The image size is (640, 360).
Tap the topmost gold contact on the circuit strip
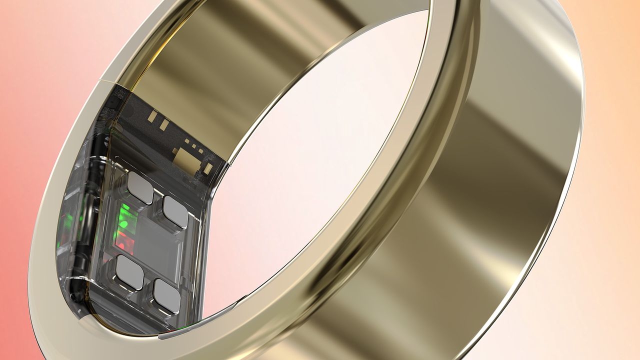[x=150, y=116]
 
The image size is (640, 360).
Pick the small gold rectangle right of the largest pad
[x=207, y=169]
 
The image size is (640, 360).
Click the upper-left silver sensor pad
[x=140, y=187]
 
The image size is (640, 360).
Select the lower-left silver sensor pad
[x=129, y=272]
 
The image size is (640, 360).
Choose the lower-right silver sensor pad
[x=166, y=296]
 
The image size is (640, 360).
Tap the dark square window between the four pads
[x=152, y=245]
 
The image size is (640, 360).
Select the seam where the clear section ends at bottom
[x=160, y=333]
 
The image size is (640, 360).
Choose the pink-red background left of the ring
[x=20, y=200]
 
